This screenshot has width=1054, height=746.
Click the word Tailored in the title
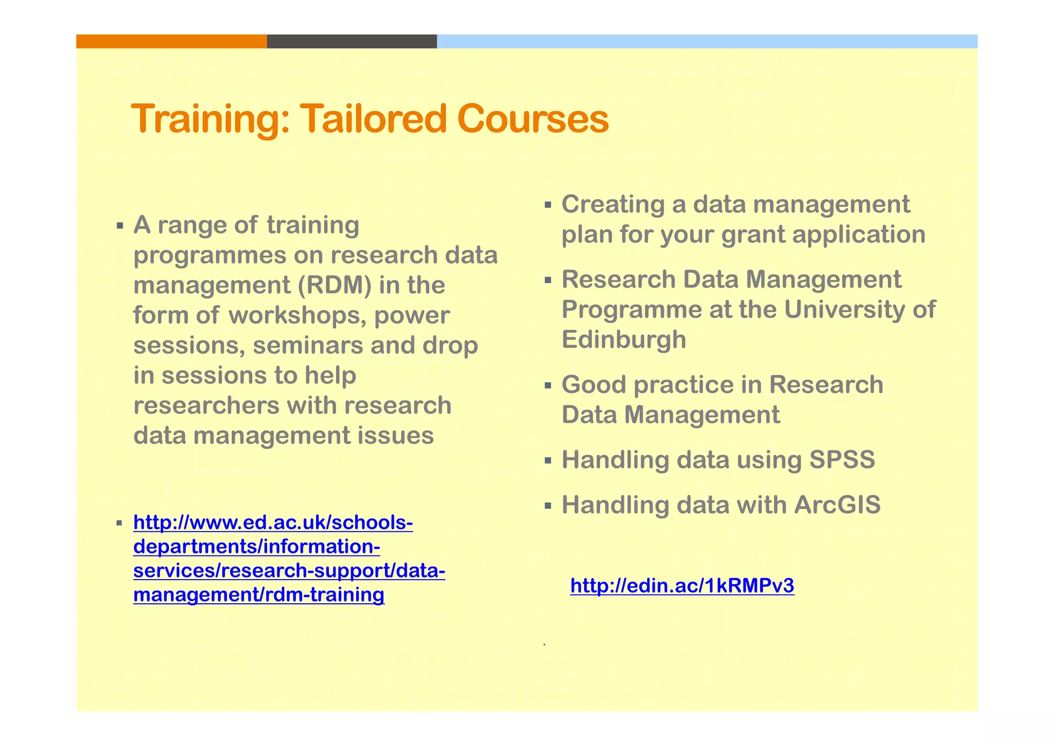tap(373, 119)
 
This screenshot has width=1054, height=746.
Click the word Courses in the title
tap(533, 119)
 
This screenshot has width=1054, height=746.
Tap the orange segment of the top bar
tap(171, 41)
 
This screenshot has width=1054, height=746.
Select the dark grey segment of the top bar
tap(352, 41)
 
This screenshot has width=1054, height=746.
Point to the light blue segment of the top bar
tap(707, 41)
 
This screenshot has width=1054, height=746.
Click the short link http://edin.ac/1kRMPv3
tap(682, 586)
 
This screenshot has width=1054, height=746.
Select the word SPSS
tap(842, 460)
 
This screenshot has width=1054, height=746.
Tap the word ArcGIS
tap(837, 505)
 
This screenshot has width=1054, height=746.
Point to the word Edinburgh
tap(624, 340)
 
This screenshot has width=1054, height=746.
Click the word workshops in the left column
tap(297, 315)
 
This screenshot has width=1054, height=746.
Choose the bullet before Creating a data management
tap(548, 206)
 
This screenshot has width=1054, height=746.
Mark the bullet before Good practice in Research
tap(548, 385)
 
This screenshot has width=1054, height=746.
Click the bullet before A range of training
tap(120, 226)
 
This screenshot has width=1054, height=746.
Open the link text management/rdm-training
tap(259, 595)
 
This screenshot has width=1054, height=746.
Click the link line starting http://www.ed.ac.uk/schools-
tap(273, 523)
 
